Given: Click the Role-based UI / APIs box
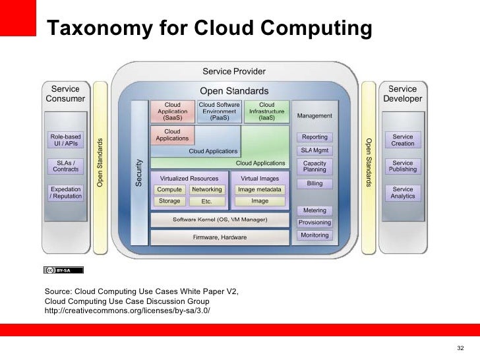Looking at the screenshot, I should coord(65,140).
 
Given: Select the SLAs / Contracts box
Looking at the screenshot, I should coord(65,165).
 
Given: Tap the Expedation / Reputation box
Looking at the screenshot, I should coord(65,193).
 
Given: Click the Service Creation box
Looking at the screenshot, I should coord(403,140).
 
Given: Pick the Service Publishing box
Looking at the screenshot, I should coord(403,165).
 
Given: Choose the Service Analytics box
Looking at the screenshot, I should coord(403,193).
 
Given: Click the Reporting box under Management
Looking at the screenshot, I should coord(315,137).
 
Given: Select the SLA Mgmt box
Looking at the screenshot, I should coord(315,150).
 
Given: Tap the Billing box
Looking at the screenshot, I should coord(315,183).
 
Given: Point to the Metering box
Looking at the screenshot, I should coord(315,210).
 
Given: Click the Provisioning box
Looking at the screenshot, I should coord(315,223).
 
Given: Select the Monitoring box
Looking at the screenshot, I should coord(315,235).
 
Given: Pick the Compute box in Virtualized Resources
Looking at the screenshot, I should coord(169,190).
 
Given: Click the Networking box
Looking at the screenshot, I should coord(206,190).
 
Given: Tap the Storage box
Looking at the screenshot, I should coord(169,201).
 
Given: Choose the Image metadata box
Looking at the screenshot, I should coord(260,190).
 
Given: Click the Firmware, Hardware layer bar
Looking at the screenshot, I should coord(220,237).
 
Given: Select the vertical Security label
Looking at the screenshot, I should coord(139,172).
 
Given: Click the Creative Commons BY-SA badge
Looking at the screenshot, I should coord(63,270).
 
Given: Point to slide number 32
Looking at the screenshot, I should coord(460,348).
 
